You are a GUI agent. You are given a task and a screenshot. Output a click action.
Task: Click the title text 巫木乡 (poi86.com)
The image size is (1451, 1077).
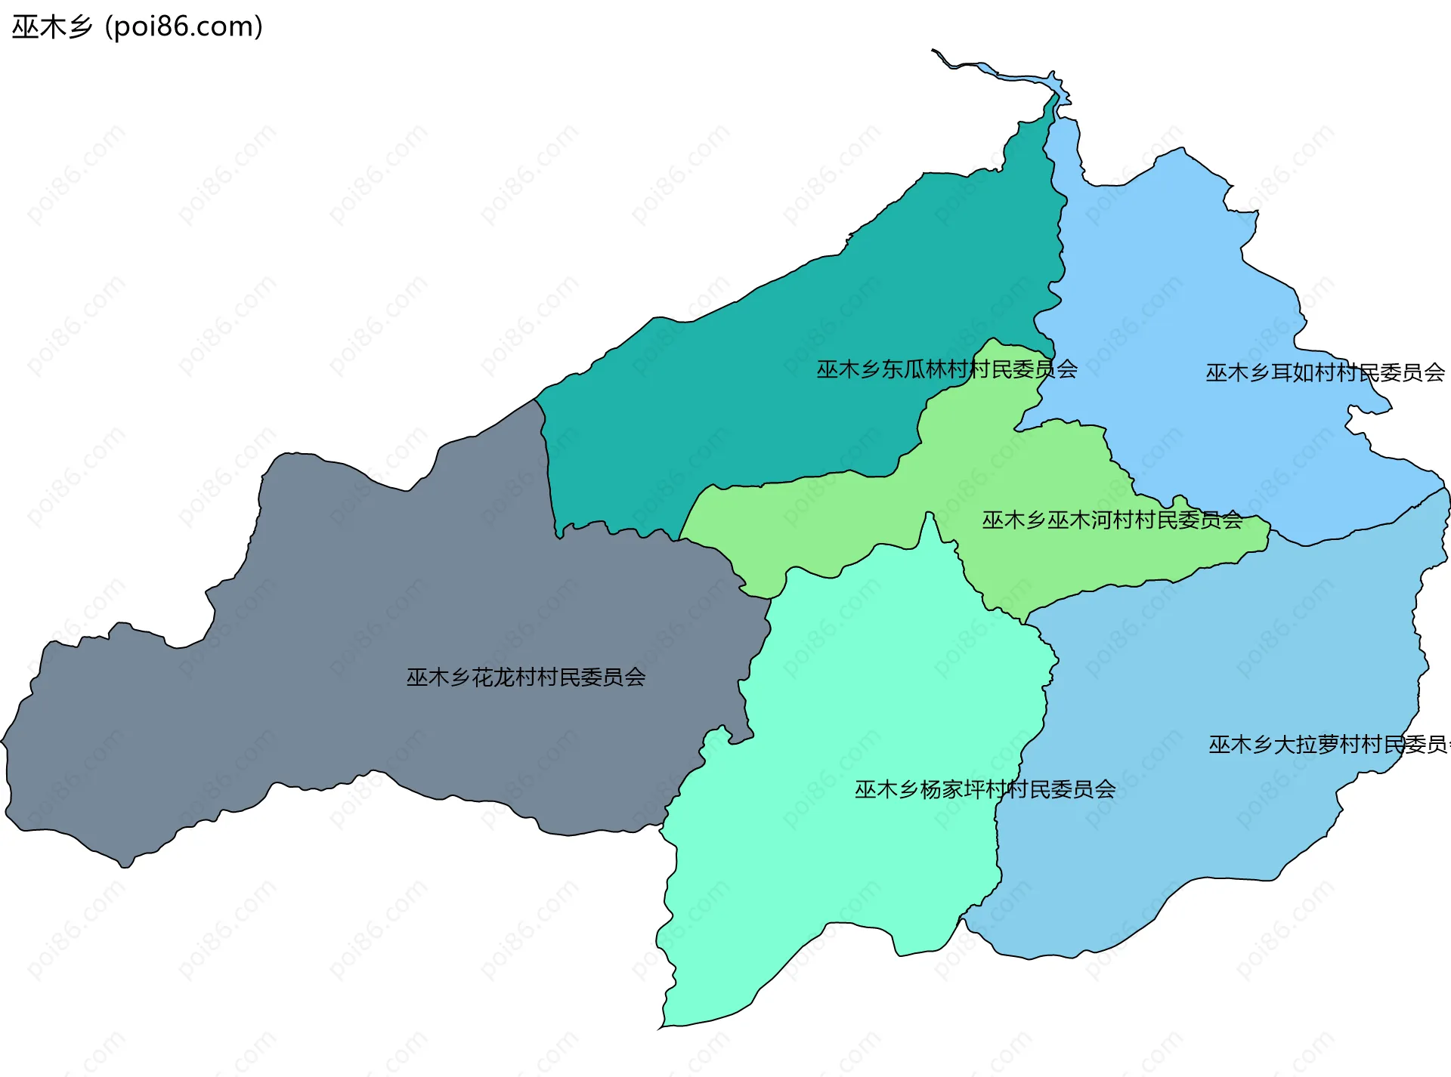(x=137, y=27)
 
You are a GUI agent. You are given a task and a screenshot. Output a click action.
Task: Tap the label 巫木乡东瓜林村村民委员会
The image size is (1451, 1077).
(x=946, y=369)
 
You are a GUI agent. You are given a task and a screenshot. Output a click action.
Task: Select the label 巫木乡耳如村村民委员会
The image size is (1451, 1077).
(x=1325, y=372)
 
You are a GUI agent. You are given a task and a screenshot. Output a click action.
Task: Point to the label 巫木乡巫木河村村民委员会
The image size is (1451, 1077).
(x=1112, y=520)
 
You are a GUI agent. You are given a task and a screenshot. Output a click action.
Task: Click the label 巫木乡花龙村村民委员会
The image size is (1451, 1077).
(x=526, y=677)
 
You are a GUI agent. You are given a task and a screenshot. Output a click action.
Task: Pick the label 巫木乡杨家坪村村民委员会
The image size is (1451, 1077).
(x=985, y=789)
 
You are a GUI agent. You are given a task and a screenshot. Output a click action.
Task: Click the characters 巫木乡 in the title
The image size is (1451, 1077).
(x=51, y=27)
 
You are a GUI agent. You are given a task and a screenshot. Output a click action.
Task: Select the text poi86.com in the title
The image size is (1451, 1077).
(x=184, y=27)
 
